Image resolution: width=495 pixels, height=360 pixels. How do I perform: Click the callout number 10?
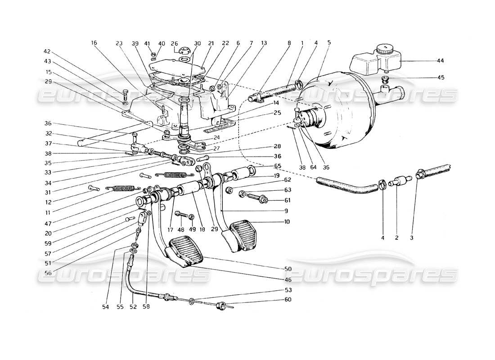(x=287, y=221)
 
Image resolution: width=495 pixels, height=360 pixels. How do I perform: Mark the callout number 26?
(x=174, y=43)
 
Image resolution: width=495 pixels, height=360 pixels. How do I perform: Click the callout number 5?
(x=329, y=43)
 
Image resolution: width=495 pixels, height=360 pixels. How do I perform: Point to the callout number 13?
(x=264, y=43)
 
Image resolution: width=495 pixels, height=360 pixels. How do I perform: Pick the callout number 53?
(x=288, y=290)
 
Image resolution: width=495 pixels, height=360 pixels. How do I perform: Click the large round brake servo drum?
(x=337, y=112)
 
